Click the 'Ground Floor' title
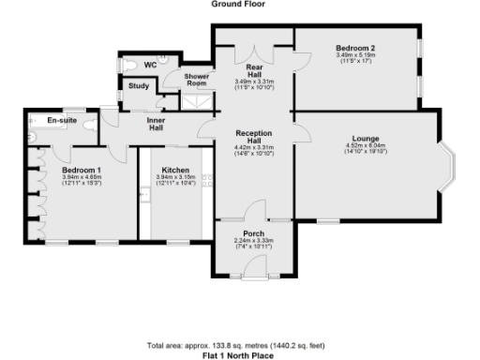[x=238, y=4]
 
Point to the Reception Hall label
[x=254, y=137]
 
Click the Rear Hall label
[x=253, y=71]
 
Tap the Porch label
[x=253, y=232]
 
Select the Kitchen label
[x=175, y=169]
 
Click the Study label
[x=139, y=86]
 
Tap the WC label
[x=149, y=65]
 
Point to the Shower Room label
[x=196, y=79]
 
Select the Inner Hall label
[x=156, y=125]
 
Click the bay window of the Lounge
[x=450, y=166]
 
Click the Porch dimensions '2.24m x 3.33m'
[x=253, y=241]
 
